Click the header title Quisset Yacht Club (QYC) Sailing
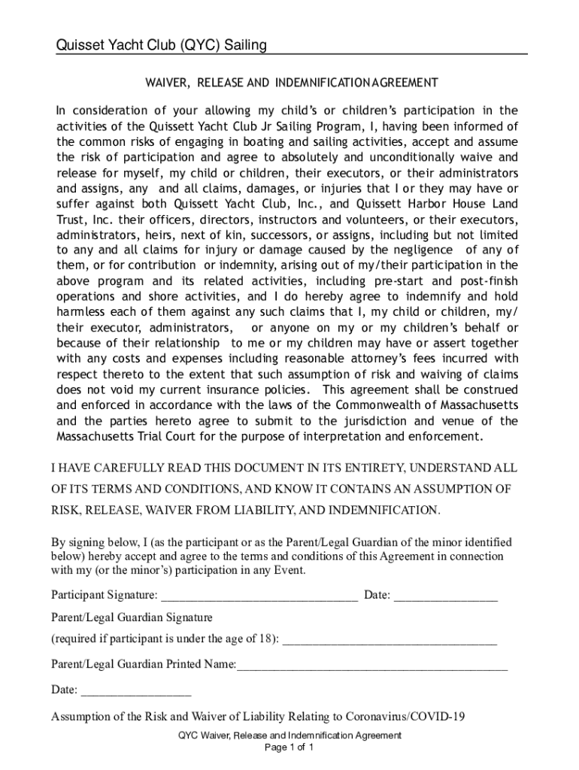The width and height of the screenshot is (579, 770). coord(162,46)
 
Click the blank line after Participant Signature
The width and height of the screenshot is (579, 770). coord(259,596)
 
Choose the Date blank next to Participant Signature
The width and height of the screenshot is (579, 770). coord(445,596)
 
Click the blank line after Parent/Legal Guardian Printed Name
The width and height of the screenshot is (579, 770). coord(372,665)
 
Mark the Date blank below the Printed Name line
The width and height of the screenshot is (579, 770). coord(135,690)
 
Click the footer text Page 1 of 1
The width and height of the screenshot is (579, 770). coord(289,748)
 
